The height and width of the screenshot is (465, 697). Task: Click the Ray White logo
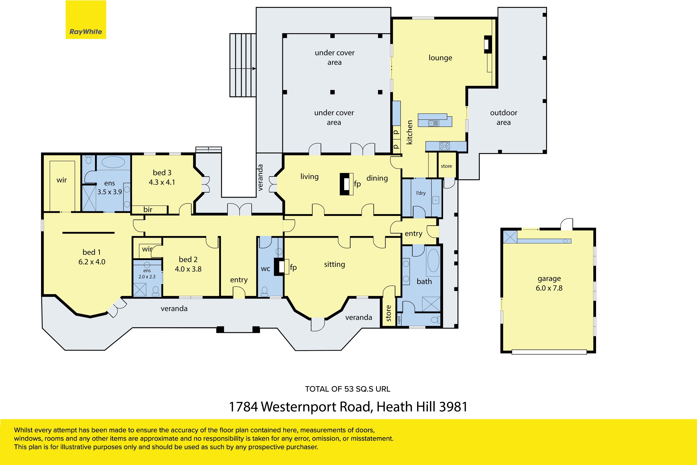(86, 20)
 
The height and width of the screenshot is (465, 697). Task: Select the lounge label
(440, 58)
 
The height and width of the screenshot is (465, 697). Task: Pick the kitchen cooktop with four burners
(445, 146)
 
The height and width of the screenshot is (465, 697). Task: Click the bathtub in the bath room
(433, 260)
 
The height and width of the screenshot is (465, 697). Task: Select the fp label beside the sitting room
(293, 268)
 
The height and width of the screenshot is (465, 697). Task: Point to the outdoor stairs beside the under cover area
(243, 65)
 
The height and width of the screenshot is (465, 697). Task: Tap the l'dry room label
(421, 193)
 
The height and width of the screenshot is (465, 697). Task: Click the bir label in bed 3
(148, 210)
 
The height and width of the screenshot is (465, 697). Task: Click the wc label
(266, 269)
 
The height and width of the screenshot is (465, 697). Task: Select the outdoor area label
(504, 118)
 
